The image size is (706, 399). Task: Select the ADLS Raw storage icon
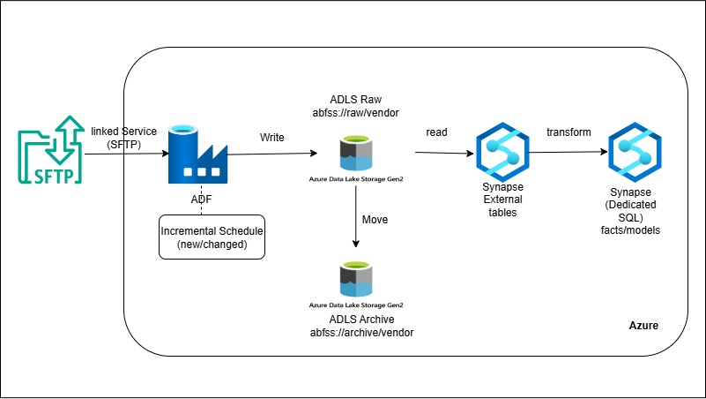click(355, 153)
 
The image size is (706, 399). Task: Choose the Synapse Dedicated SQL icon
click(635, 152)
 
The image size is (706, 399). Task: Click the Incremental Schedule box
click(212, 236)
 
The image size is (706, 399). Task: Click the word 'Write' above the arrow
click(272, 138)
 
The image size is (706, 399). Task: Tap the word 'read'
click(437, 132)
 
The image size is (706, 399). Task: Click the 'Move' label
click(375, 218)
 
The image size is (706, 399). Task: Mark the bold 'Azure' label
click(643, 326)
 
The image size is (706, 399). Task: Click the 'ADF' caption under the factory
click(201, 199)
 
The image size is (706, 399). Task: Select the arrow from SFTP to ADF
click(123, 154)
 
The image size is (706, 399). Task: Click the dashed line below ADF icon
click(202, 209)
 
